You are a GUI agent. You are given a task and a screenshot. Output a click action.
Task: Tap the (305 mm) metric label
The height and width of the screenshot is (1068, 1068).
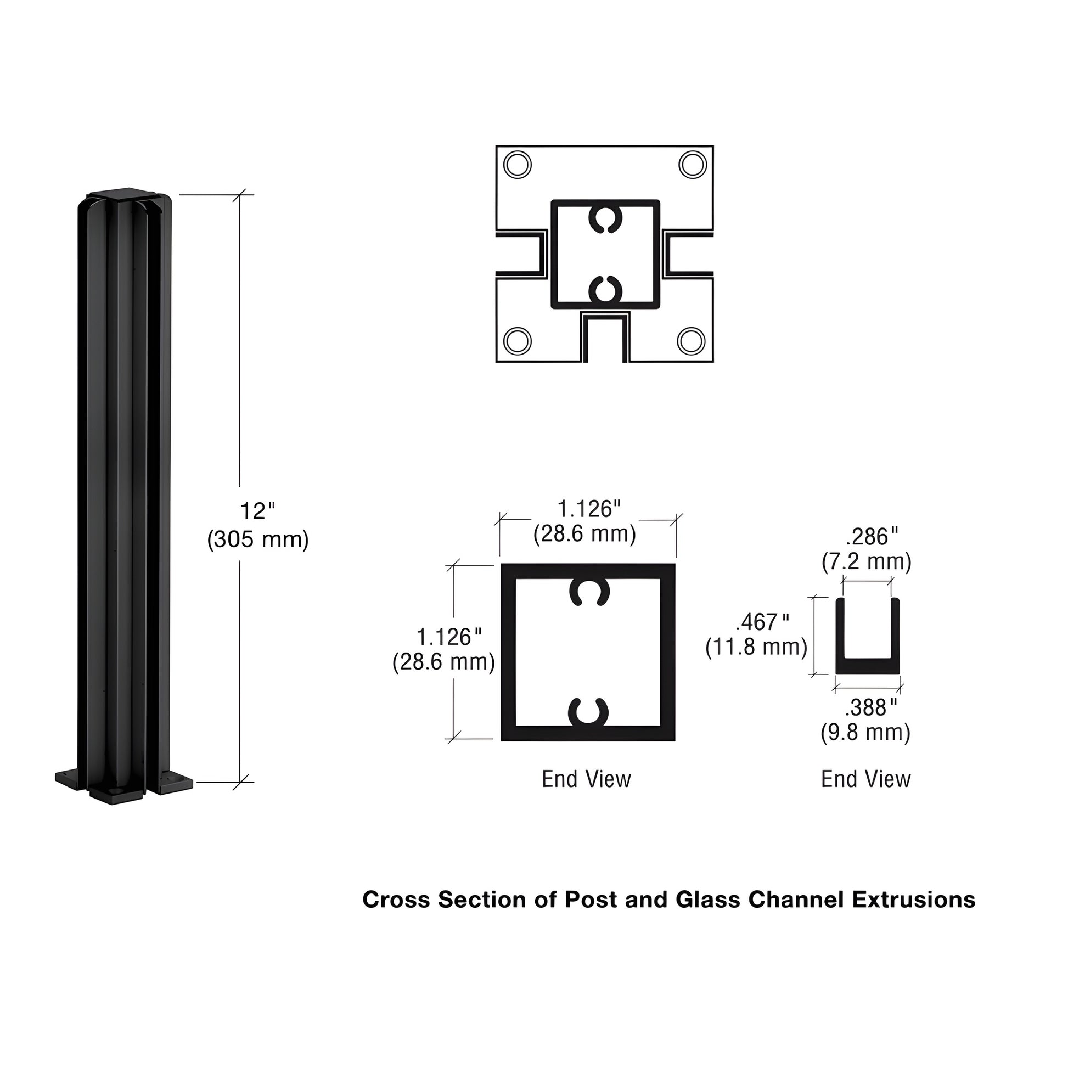pos(257,539)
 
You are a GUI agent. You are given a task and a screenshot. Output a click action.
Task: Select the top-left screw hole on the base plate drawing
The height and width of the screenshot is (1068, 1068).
pos(518,165)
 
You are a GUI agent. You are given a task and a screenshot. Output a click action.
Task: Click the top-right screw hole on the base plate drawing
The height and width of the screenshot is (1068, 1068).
pos(692,165)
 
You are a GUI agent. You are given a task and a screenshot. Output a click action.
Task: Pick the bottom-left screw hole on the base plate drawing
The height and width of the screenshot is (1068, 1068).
pos(518,341)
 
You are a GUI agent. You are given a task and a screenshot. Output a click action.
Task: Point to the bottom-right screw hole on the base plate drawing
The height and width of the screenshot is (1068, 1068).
pos(691,341)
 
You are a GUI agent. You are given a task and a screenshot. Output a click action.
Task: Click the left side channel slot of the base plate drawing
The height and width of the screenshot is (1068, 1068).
pos(520,254)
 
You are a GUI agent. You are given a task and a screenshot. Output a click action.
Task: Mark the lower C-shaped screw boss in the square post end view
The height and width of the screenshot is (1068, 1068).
pos(589,712)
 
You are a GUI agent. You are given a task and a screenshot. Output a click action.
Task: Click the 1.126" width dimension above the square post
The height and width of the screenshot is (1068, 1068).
pos(589,509)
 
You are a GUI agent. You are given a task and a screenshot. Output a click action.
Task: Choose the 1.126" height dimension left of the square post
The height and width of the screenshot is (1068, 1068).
pos(448,637)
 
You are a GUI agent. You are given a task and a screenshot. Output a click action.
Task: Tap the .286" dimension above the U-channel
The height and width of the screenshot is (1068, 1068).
pos(872,536)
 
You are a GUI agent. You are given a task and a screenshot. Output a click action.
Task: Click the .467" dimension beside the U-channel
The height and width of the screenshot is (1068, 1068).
pos(762,622)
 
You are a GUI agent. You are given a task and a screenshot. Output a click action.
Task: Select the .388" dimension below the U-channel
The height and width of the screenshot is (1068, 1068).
pos(870,707)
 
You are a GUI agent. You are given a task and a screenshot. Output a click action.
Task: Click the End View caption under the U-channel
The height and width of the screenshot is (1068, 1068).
pos(865,779)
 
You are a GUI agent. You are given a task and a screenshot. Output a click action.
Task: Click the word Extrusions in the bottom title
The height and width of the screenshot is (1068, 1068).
pos(913,900)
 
